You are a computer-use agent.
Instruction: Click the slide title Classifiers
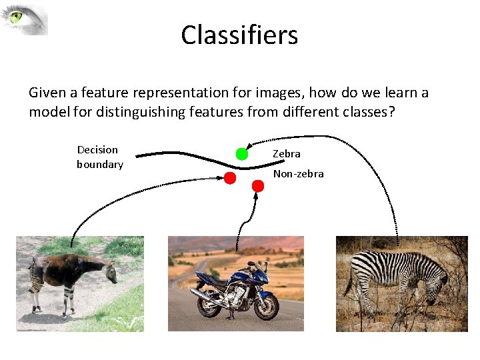(x=239, y=35)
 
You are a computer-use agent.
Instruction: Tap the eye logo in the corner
(x=25, y=19)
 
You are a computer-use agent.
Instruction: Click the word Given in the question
(x=47, y=92)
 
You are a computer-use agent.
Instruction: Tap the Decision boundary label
(x=99, y=157)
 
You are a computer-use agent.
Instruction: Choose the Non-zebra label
(x=298, y=173)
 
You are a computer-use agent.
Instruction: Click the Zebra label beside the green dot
(x=286, y=153)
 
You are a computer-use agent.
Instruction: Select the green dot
(x=242, y=154)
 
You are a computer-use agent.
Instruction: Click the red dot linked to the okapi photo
(x=229, y=178)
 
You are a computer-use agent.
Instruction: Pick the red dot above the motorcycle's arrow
(x=258, y=186)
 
